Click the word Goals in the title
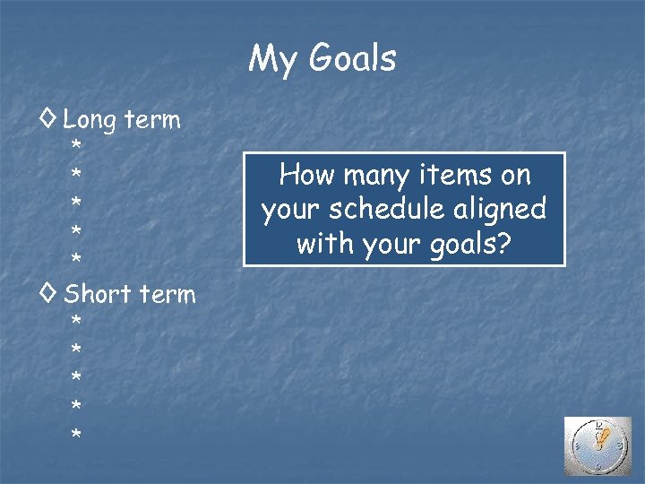352,59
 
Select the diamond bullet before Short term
51,293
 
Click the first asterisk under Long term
77,146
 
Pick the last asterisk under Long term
77,261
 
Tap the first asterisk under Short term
77,321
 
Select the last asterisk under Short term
77,436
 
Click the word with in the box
324,243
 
